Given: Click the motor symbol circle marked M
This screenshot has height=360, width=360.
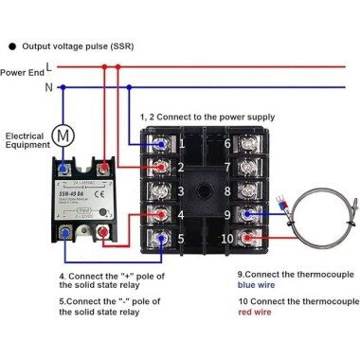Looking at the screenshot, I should (63, 135).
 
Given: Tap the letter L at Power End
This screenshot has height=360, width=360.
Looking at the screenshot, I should (48, 67).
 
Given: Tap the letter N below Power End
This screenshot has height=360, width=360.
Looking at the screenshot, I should (48, 86).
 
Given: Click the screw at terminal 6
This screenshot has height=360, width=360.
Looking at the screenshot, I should (255, 144).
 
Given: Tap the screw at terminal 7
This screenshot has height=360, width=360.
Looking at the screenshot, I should (255, 168).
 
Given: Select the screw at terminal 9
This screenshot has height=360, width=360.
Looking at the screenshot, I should (255, 215).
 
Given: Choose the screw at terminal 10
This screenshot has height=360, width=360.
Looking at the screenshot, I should (255, 239).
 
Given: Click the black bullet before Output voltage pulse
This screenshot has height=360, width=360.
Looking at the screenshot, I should (10, 45).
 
